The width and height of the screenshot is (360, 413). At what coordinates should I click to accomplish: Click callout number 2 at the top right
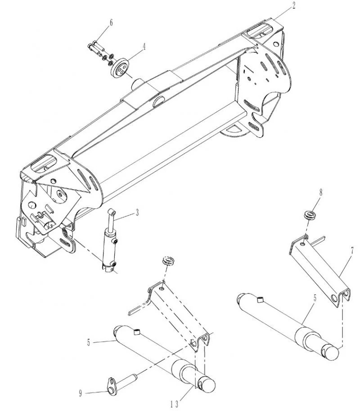293,5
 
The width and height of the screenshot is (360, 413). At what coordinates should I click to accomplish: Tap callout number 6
111,23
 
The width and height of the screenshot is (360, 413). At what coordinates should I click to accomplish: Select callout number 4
144,47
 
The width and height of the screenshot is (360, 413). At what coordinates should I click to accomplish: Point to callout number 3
137,213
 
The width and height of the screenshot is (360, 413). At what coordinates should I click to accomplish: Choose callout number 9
81,394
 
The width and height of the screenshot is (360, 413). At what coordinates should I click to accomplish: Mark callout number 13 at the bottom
174,404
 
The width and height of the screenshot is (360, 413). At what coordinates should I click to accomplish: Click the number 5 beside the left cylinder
89,343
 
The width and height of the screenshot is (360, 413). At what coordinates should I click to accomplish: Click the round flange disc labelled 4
120,69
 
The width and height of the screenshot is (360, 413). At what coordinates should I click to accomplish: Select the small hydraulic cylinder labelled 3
110,241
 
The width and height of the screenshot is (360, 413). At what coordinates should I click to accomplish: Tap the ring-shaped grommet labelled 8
310,214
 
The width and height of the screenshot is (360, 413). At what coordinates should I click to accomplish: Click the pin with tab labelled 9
118,383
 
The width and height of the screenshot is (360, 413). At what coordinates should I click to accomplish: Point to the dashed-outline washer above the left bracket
169,261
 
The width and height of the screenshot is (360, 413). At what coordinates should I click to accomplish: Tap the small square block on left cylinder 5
136,332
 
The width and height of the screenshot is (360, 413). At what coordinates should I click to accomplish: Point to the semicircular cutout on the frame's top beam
158,102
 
